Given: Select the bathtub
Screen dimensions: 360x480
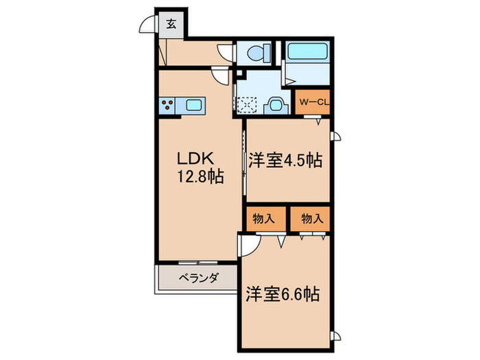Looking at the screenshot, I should (308, 52).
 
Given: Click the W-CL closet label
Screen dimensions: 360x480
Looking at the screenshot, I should (315, 103).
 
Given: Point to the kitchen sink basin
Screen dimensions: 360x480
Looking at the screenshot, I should (193, 105).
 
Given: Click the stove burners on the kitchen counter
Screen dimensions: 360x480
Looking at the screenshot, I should (168, 105).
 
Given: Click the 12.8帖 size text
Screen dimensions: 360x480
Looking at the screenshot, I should (200, 177).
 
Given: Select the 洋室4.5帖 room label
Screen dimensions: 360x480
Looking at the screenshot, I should (285, 160).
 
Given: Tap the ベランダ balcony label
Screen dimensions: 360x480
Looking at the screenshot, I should (199, 278).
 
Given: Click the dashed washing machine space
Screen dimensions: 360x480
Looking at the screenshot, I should (248, 104).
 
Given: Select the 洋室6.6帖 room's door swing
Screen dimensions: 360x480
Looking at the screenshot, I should (250, 245).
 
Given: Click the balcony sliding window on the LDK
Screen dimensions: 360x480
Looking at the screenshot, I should (199, 263).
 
